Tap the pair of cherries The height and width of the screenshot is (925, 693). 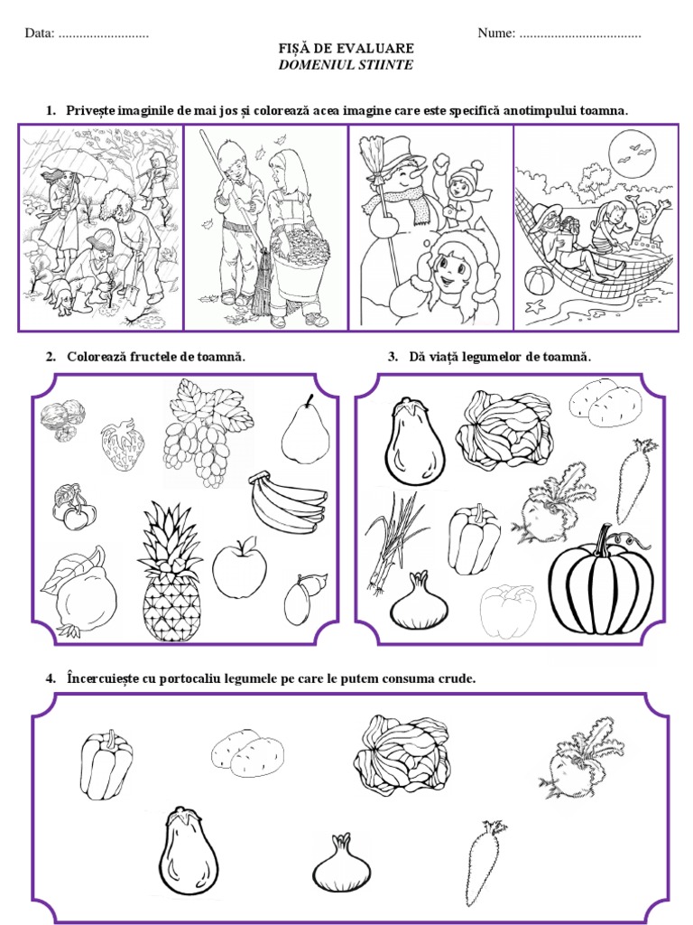click(75, 508)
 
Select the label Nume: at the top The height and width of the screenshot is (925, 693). click(496, 33)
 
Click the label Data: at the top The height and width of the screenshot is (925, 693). click(40, 33)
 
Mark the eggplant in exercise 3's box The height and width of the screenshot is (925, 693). click(414, 443)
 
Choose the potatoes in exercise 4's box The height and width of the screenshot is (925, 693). click(247, 753)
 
